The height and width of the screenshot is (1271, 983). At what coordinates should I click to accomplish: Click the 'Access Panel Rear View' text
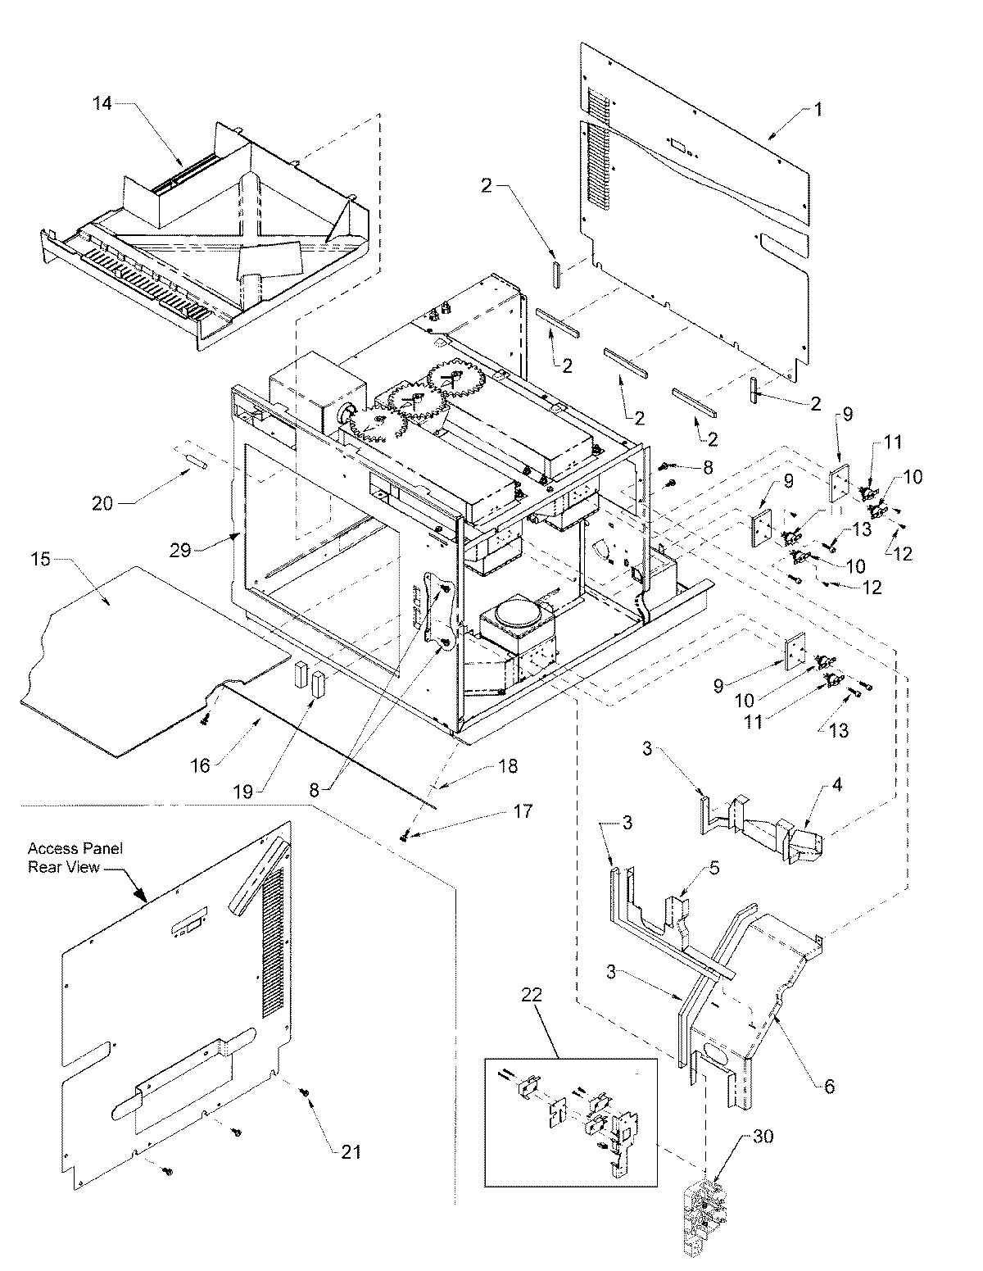(x=75, y=857)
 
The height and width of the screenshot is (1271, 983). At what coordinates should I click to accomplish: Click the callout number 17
(x=523, y=811)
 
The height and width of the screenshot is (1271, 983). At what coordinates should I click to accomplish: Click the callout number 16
(x=202, y=765)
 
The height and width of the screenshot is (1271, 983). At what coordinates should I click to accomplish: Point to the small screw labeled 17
(x=405, y=835)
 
